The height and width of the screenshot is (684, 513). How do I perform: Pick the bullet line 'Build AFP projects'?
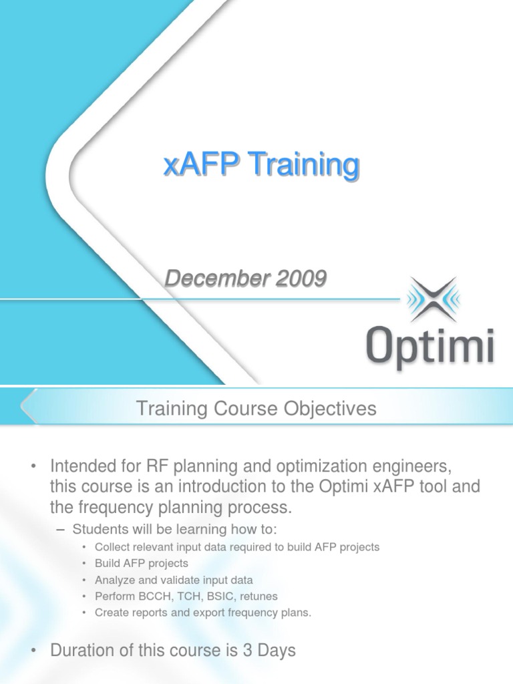click(x=142, y=563)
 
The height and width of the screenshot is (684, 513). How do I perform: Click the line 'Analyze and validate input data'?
click(x=174, y=580)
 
